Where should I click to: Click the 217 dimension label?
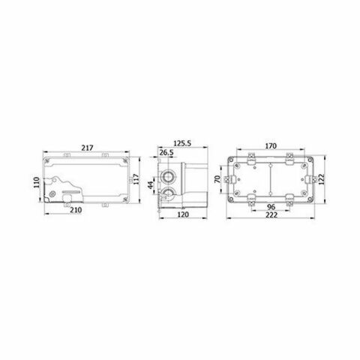(87, 148)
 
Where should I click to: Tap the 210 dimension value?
(76, 210)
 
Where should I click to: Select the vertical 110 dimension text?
(37, 182)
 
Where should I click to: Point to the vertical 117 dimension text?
(136, 179)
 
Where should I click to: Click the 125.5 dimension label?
(182, 143)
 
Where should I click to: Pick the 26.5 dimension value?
(166, 152)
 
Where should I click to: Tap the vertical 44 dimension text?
(151, 185)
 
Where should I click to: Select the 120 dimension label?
(183, 214)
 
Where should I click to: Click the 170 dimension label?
(271, 145)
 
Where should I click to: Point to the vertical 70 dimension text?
(217, 179)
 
